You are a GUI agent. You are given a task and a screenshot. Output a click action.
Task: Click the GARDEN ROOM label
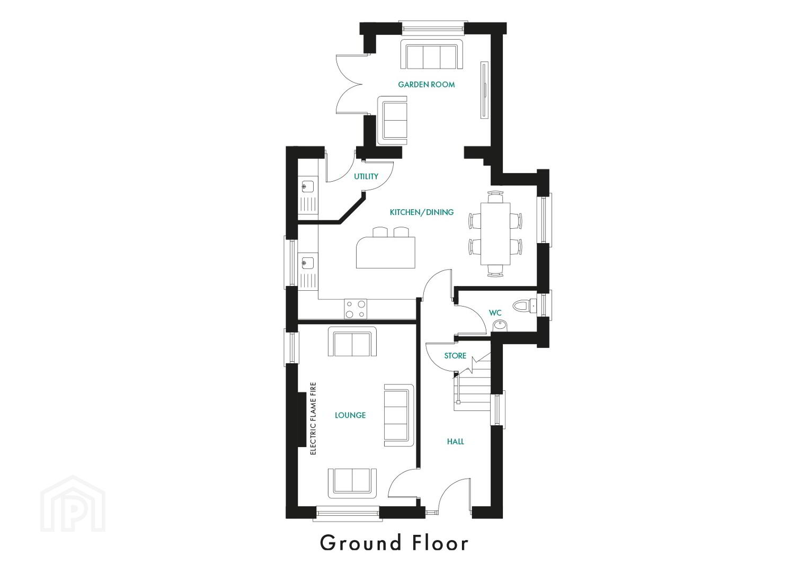pyautogui.click(x=426, y=84)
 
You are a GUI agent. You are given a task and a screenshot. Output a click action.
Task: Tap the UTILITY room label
pyautogui.click(x=366, y=176)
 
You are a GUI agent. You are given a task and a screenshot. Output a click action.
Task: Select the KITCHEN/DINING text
pyautogui.click(x=422, y=212)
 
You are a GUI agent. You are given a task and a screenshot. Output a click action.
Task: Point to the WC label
pyautogui.click(x=495, y=312)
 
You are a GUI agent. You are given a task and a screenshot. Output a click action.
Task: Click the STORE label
pyautogui.click(x=455, y=355)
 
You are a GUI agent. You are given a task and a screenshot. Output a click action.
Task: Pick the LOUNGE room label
pyautogui.click(x=350, y=415)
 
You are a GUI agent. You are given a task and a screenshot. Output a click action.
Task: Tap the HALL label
pyautogui.click(x=455, y=441)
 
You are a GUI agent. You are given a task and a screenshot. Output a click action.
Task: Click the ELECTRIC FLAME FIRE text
pyautogui.click(x=313, y=418)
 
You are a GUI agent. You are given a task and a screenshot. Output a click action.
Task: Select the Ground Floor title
pyautogui.click(x=394, y=543)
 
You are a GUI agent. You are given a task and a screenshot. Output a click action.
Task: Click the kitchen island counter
pyautogui.click(x=386, y=253)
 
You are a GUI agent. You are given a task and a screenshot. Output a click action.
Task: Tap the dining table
pyautogui.click(x=495, y=234)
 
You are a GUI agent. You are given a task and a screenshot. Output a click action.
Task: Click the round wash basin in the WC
pyautogui.click(x=500, y=326)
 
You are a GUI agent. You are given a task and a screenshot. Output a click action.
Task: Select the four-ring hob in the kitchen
pyautogui.click(x=356, y=309)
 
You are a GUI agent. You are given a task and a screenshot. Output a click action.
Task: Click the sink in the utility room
pyautogui.click(x=308, y=187)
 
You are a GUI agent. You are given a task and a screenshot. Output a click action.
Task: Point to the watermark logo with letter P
pyautogui.click(x=73, y=504)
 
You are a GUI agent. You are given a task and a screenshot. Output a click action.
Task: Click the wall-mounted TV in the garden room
pyautogui.click(x=484, y=90)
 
